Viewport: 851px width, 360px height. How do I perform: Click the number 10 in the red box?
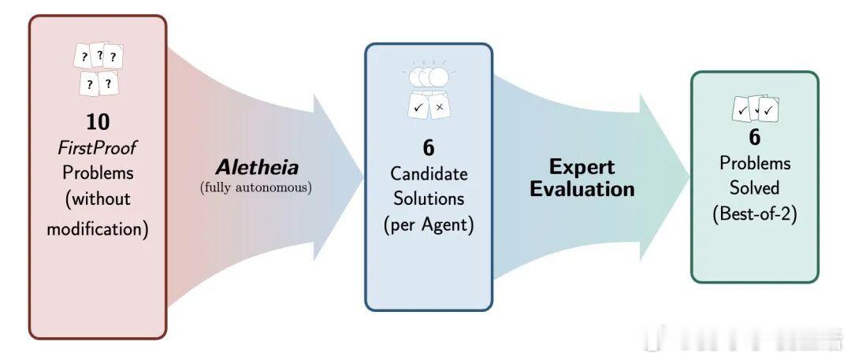coord(98,121)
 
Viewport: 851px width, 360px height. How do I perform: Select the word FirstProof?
coord(98,147)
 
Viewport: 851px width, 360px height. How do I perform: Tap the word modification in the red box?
coord(98,229)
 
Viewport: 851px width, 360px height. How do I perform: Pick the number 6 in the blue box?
coord(429,147)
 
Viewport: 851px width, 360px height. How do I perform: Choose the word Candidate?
coord(429,173)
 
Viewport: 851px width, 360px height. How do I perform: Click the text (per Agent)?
coord(429,224)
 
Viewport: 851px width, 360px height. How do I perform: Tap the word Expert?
coord(582,166)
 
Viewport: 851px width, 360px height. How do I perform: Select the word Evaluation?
coord(582,189)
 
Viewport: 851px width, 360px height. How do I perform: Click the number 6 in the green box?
coord(754,137)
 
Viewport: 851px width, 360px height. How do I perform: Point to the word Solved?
coord(754,188)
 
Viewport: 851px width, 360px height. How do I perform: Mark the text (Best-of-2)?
coord(754,213)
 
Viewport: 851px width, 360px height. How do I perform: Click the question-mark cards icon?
coord(98,69)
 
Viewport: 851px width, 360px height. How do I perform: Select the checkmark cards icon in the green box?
coord(754,109)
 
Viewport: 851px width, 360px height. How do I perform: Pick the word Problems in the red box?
coord(98,173)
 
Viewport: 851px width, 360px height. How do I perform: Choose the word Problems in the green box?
coord(754,163)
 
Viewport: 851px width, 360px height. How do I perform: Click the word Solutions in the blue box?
coord(429,199)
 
